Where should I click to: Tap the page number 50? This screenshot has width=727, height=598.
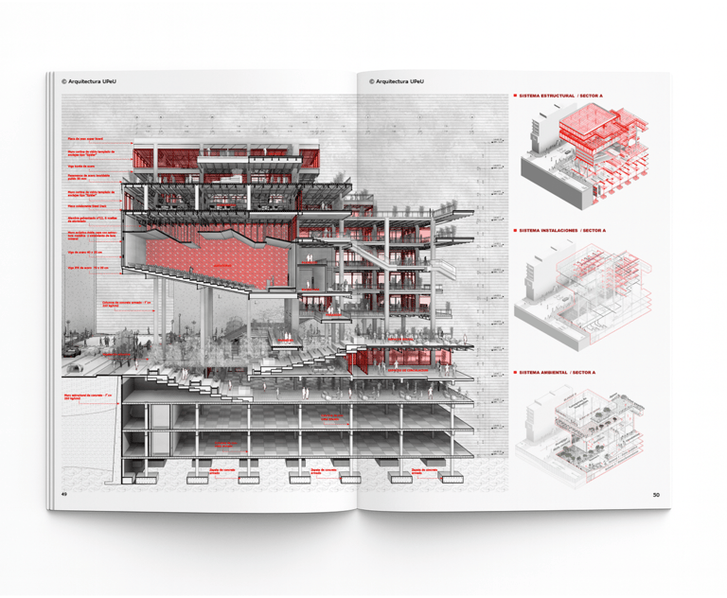coord(656,494)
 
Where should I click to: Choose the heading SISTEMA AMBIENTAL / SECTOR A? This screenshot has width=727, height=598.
coord(559,373)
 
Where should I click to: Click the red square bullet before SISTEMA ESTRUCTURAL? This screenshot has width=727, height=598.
coord(513,96)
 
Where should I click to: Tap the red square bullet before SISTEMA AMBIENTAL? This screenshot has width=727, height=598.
coord(513,373)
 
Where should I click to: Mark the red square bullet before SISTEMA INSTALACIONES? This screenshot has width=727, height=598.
coord(513,231)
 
